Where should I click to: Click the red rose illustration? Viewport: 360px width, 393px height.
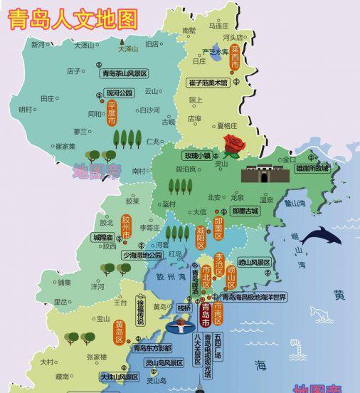233,145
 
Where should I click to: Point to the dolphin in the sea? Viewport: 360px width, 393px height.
320,236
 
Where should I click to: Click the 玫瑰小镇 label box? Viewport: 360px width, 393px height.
197,155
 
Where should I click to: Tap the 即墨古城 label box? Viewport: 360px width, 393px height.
245,211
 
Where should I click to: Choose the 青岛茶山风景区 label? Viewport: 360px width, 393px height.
125,73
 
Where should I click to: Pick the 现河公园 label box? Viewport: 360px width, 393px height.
119,93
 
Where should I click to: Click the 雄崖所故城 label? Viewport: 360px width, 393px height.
313,169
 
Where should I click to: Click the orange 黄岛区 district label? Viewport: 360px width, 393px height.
119,331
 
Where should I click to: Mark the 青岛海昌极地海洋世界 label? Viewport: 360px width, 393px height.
253,297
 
